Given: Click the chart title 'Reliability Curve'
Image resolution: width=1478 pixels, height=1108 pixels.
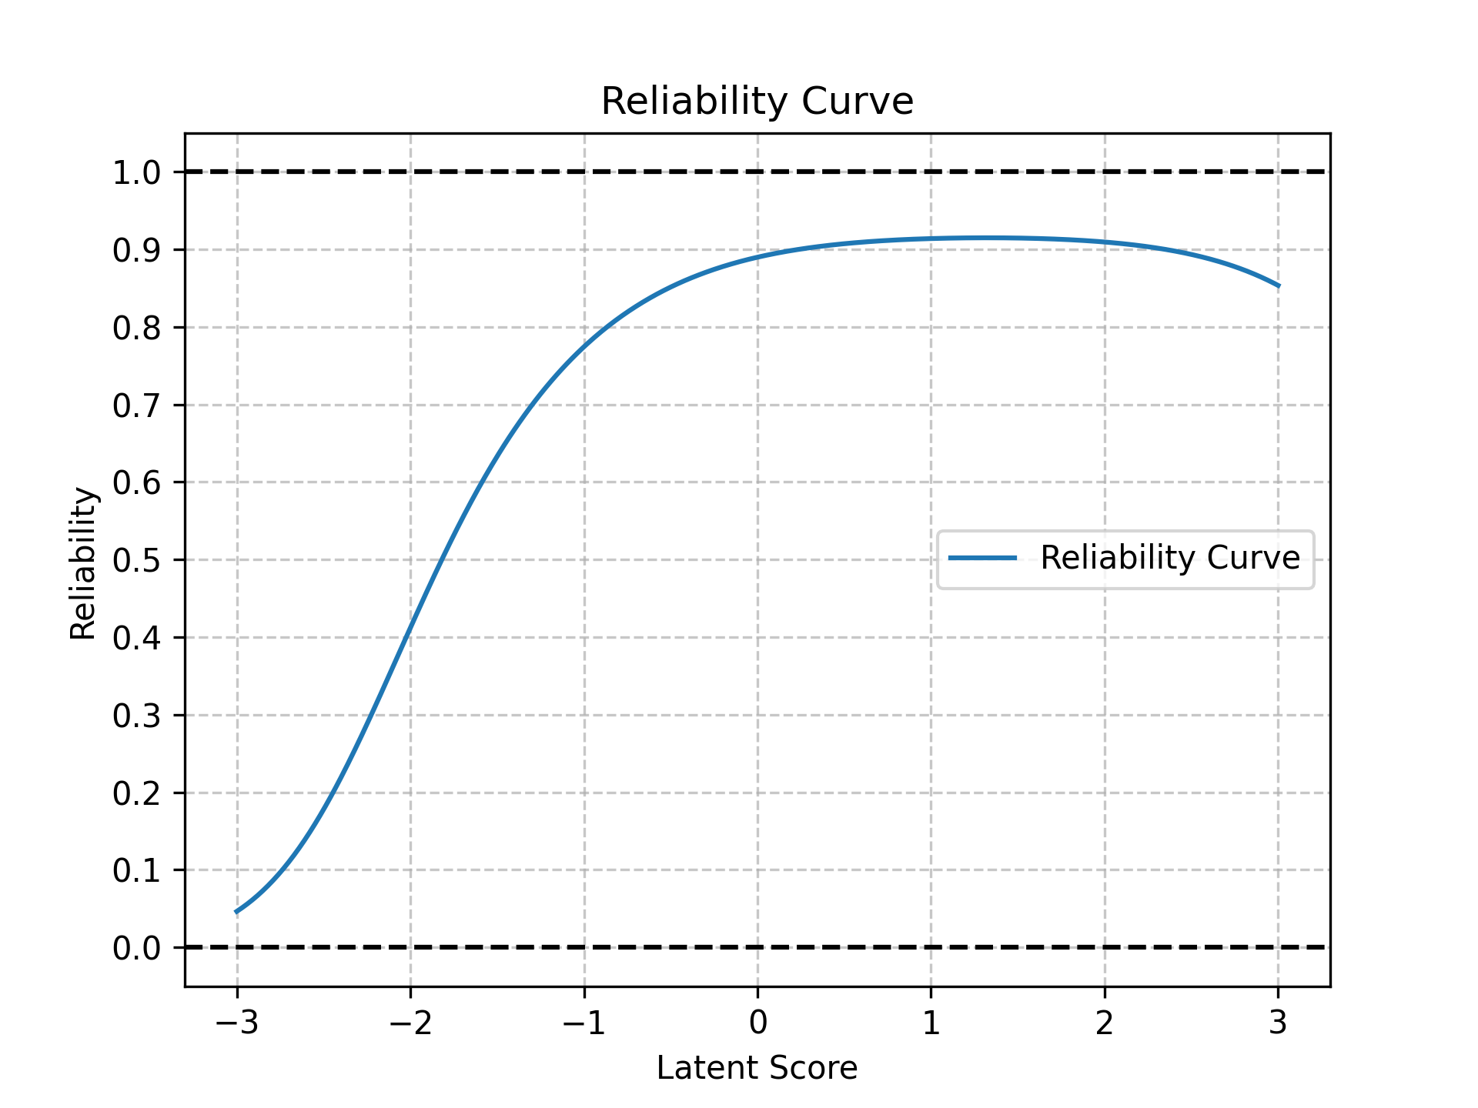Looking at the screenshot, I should click(x=757, y=102).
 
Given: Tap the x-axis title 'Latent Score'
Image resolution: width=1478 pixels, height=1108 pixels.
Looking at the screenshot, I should click(x=757, y=1068).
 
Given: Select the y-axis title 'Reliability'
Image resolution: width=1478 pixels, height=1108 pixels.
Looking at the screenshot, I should click(x=83, y=563).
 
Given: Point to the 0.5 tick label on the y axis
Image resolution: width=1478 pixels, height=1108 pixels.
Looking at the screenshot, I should click(x=136, y=560).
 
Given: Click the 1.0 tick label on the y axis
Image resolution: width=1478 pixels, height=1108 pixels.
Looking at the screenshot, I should click(x=136, y=172).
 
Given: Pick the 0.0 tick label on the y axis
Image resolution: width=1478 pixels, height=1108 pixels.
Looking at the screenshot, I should click(x=136, y=948).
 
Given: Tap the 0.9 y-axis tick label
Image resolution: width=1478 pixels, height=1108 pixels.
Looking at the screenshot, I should click(x=136, y=250).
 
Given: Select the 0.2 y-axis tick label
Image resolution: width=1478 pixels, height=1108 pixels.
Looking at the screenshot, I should click(x=136, y=793).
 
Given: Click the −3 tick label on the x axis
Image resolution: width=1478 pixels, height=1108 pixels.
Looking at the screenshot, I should click(x=236, y=1023).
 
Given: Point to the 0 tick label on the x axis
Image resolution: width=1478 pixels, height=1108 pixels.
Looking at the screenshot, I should click(x=757, y=1023).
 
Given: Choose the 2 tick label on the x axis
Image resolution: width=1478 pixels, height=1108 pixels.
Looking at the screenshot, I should click(x=1105, y=1023).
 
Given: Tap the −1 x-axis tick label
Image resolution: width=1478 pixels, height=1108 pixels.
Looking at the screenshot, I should click(x=584, y=1023).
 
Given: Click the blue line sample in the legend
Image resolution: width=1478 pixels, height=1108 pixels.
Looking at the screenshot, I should click(x=982, y=558).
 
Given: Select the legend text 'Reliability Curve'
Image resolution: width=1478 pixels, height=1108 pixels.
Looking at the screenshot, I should click(x=1170, y=558).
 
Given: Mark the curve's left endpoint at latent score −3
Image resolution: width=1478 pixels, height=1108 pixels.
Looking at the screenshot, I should click(x=237, y=912).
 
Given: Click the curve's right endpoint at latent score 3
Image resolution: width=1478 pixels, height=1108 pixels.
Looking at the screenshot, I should click(x=1279, y=286).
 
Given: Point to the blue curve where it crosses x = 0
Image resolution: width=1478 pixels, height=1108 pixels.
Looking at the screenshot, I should click(x=757, y=256).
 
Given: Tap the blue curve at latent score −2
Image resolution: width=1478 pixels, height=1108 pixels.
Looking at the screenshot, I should click(x=410, y=626).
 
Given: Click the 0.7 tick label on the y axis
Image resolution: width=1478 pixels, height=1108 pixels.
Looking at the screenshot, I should click(x=136, y=405).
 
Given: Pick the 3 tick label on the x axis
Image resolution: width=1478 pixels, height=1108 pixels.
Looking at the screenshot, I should click(x=1279, y=1023).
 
